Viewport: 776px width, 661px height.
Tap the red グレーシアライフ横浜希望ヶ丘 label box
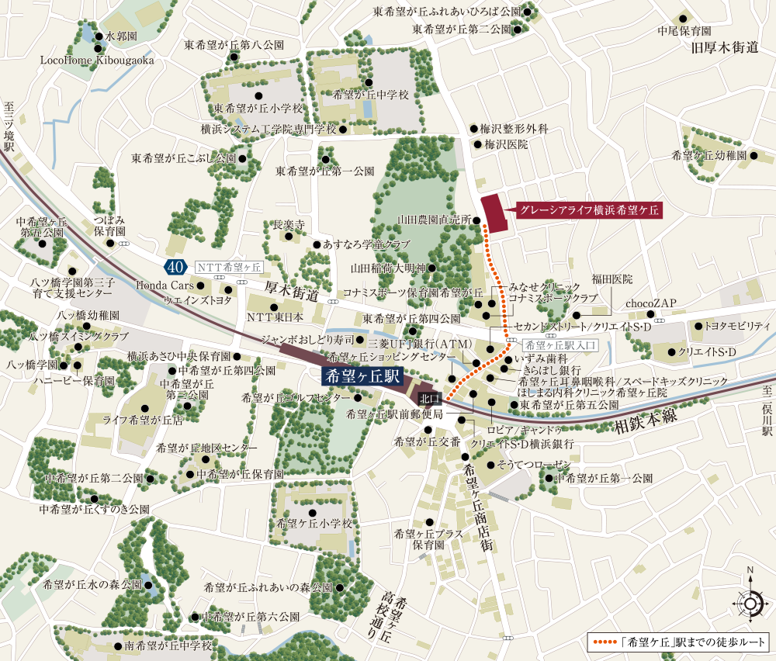click(x=589, y=209)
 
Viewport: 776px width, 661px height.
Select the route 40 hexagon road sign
click(x=175, y=267)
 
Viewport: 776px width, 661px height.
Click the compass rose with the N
click(x=750, y=602)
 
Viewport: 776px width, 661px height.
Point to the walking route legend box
click(x=678, y=642)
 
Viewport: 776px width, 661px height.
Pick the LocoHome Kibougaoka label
click(x=97, y=61)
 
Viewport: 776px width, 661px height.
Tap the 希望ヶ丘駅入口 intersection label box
click(x=554, y=344)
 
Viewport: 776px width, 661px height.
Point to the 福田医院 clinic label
click(x=612, y=278)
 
